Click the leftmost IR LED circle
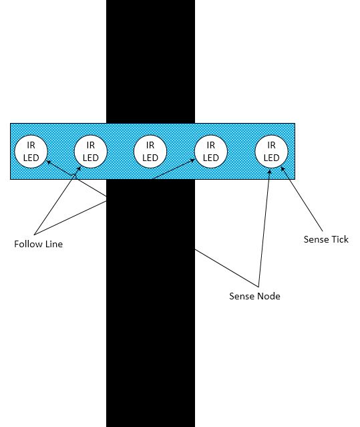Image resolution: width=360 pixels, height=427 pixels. (x=31, y=152)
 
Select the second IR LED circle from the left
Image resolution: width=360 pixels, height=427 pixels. (x=91, y=152)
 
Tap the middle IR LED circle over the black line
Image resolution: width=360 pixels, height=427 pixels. (x=150, y=152)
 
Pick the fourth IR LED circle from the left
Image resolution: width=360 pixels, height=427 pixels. (x=211, y=152)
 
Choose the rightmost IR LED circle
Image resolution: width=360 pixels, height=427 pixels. (x=271, y=152)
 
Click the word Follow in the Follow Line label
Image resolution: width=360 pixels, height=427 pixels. (x=28, y=244)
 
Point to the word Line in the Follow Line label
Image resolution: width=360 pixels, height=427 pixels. (x=53, y=244)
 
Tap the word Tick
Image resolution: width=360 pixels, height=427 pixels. (x=339, y=239)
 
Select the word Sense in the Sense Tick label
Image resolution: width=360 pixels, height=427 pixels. (x=316, y=239)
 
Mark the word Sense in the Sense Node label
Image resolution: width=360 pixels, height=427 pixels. (x=241, y=296)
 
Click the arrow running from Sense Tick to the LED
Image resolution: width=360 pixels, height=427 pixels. (x=302, y=199)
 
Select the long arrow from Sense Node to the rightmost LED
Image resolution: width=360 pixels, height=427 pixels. (x=264, y=228)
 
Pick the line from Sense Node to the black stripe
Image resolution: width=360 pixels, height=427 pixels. (x=226, y=268)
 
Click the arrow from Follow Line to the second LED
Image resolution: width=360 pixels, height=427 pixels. (x=57, y=200)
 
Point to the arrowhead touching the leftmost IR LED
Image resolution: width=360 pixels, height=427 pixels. (x=49, y=162)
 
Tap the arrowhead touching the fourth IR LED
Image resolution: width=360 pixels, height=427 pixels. (x=192, y=160)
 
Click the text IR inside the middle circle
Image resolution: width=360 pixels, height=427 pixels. (x=150, y=145)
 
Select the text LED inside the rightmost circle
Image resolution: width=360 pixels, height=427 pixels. (x=271, y=158)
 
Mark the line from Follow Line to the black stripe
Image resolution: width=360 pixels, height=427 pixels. (x=70, y=218)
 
